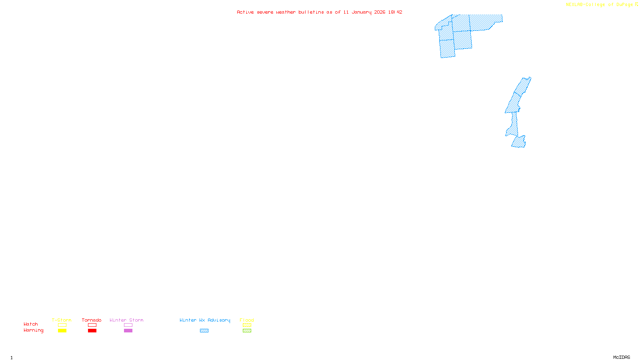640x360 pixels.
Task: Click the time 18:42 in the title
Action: [395, 12]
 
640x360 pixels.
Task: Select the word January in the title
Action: [361, 12]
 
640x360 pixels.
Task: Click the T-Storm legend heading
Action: [62, 320]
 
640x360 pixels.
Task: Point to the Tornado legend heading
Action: [92, 320]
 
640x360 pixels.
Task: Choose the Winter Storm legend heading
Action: [126, 320]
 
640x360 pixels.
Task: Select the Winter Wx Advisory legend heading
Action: [205, 320]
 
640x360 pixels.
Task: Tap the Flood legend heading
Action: [247, 320]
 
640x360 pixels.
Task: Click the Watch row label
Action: [31, 324]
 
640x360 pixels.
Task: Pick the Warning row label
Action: [33, 330]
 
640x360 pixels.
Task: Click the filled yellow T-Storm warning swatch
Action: [62, 331]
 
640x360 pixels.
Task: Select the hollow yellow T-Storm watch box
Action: [62, 325]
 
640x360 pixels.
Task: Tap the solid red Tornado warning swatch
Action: [92, 331]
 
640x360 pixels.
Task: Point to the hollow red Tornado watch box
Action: [92, 325]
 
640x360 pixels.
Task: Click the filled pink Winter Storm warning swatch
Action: [128, 331]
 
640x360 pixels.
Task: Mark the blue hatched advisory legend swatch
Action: [204, 331]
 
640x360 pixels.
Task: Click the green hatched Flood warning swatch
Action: [247, 331]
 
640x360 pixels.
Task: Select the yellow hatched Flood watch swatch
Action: [247, 325]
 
